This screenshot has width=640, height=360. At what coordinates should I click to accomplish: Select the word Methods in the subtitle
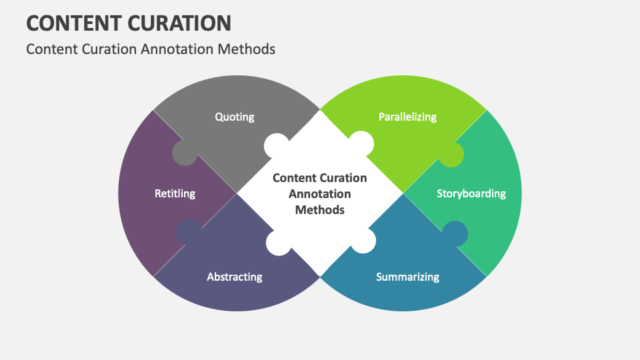[x=251, y=49]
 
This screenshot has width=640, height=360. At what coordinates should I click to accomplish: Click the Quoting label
[x=234, y=117]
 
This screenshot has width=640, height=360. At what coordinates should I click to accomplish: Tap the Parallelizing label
[x=407, y=117]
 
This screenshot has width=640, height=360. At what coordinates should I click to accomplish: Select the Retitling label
[x=175, y=193]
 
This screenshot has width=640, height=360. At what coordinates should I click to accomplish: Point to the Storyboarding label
[x=471, y=193]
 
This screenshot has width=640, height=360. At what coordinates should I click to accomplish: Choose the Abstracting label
[x=234, y=276]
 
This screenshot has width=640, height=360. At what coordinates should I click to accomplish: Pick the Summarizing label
[x=407, y=276]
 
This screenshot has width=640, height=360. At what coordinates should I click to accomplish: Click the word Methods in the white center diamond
[x=320, y=209]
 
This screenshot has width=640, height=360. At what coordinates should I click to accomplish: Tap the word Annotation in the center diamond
[x=320, y=194]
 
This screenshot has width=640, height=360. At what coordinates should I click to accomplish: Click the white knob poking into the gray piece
[x=277, y=146]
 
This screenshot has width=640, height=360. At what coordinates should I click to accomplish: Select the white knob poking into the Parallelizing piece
[x=361, y=145]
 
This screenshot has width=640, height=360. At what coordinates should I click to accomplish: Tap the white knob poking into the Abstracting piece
[x=278, y=243]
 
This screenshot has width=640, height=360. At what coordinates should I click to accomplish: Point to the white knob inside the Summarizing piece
[x=363, y=241]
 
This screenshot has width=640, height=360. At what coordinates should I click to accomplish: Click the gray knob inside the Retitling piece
[x=185, y=153]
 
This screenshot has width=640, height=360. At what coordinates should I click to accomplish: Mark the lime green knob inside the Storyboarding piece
[x=451, y=155]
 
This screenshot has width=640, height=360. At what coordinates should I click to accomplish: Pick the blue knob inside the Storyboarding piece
[x=455, y=233]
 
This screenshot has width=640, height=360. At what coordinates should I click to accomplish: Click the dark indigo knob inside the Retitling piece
[x=189, y=232]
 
